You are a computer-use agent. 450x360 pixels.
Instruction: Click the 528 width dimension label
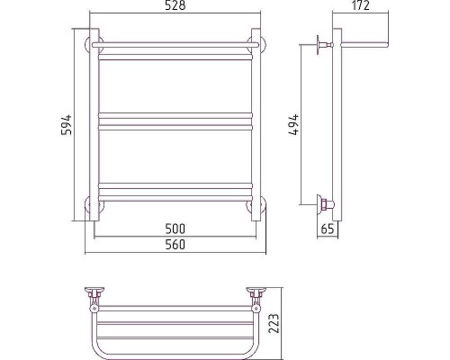175,5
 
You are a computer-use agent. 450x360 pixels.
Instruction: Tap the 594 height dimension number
67,124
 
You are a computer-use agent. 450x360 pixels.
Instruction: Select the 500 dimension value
175,229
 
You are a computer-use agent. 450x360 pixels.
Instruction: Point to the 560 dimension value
175,245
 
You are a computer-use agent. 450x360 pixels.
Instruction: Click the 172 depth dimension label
360,5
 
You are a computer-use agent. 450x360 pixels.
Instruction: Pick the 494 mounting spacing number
294,124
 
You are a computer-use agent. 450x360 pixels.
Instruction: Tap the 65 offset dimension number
328,229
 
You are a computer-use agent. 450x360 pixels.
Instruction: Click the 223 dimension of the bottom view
274,323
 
